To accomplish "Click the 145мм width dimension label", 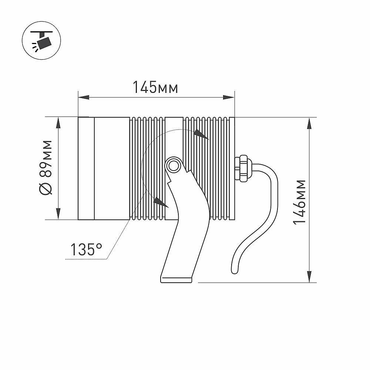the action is tap(155, 87).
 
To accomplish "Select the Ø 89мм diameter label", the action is tap(45, 168).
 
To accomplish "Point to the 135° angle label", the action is tap(86, 249).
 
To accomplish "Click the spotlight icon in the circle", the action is tap(42, 40).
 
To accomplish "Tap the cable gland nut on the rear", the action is tap(242, 168).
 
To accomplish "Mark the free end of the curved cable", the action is tap(235, 271).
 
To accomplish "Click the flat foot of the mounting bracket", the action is tap(176, 279).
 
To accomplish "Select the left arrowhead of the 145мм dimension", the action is tap(84, 97).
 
